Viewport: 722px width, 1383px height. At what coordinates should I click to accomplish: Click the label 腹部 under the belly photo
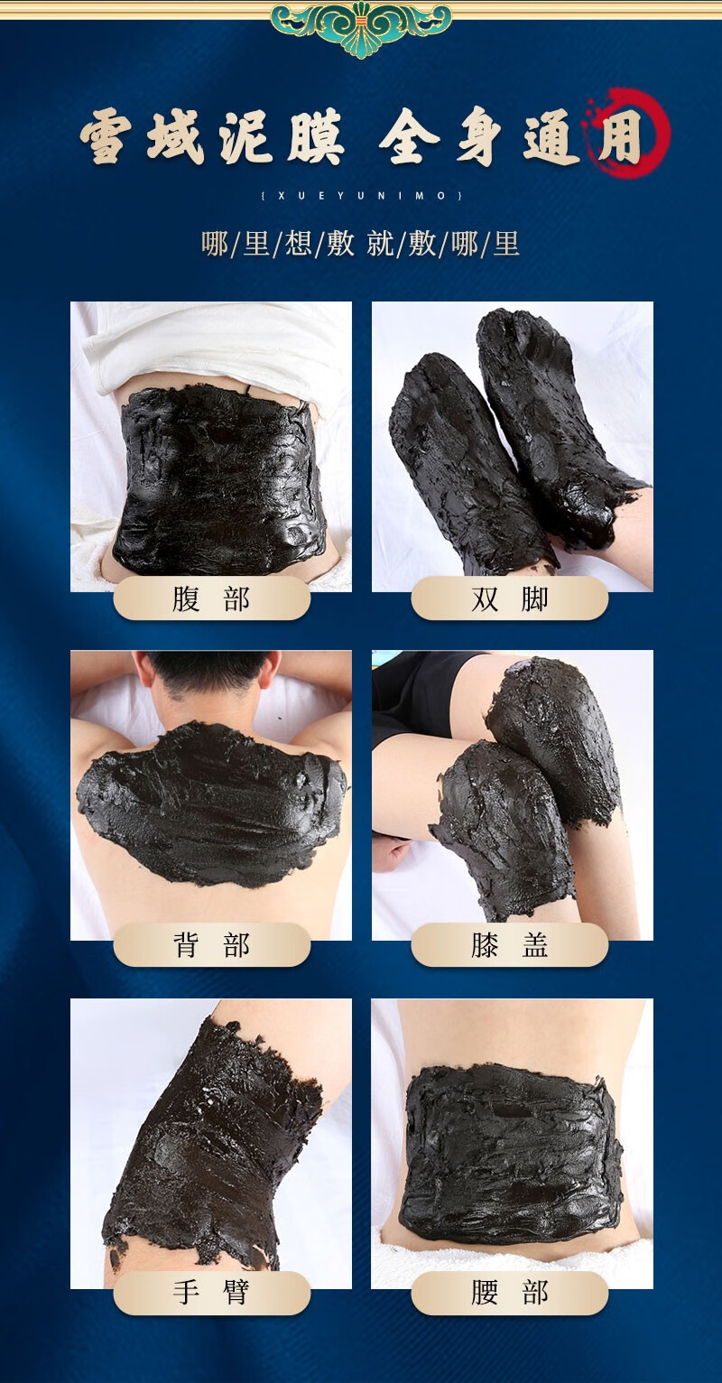coord(211,599)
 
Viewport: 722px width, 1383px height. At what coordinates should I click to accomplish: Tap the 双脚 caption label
coord(510,599)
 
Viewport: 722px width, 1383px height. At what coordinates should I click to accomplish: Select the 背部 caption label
coord(211,946)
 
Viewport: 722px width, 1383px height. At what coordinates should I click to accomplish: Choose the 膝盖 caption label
coord(510,946)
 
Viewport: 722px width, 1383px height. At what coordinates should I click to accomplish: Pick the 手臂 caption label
coord(211,1293)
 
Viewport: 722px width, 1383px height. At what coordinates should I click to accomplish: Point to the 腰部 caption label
coord(510,1293)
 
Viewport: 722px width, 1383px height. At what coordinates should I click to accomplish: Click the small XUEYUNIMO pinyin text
coord(361,195)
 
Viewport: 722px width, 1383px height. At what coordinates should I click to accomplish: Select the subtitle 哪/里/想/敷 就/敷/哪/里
coord(361,244)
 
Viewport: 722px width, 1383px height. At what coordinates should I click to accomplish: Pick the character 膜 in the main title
coord(316,138)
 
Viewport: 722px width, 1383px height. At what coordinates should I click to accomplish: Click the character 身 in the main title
coord(478,138)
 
